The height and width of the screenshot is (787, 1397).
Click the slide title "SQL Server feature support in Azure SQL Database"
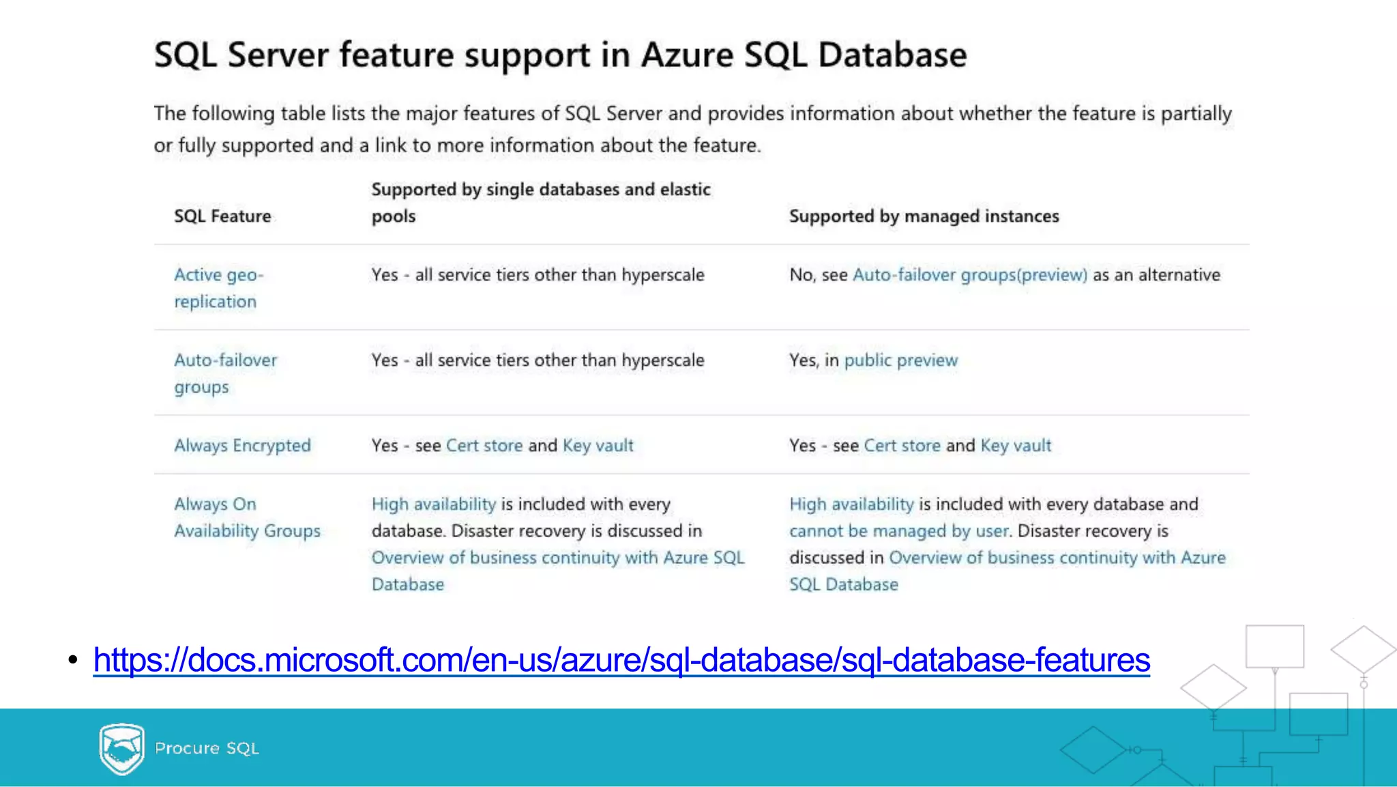(x=560, y=55)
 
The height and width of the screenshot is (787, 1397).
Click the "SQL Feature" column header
(x=222, y=216)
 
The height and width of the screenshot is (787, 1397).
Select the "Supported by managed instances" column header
(x=924, y=216)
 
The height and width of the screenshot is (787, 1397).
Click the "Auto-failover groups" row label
(x=225, y=373)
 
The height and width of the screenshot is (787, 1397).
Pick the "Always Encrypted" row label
(x=242, y=446)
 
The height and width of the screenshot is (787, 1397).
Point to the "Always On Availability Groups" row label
(x=247, y=517)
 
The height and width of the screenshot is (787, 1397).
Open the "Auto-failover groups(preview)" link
(x=970, y=275)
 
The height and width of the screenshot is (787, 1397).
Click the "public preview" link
(x=900, y=360)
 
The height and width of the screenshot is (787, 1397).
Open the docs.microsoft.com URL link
(x=621, y=660)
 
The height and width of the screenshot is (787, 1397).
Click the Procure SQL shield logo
(x=121, y=749)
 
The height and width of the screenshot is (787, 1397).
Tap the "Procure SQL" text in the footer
(x=207, y=749)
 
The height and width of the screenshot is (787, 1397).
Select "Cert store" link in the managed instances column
(x=902, y=446)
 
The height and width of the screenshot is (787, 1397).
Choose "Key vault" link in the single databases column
(x=598, y=446)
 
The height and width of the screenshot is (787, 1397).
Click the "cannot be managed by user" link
(x=898, y=531)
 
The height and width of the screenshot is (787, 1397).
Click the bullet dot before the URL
(x=73, y=660)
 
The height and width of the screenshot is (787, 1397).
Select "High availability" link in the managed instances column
(x=851, y=504)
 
